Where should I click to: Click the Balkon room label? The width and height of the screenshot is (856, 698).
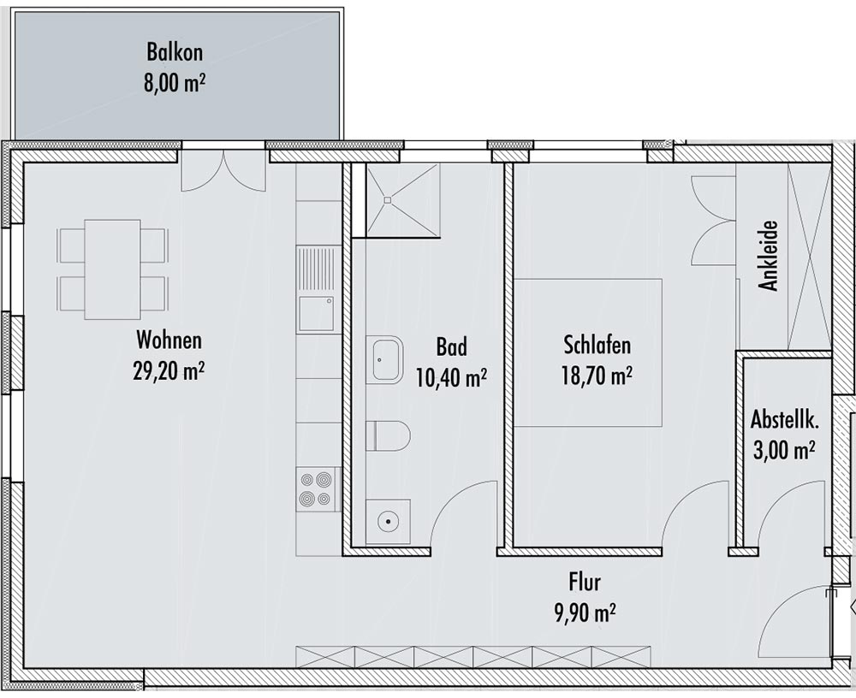[x=175, y=52]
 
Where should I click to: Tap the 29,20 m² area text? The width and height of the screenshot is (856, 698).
[x=169, y=372]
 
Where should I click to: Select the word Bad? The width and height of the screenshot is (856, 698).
[x=451, y=347]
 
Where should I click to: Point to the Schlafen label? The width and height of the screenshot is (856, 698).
[x=597, y=346]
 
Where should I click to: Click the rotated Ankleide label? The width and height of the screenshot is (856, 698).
[x=769, y=256]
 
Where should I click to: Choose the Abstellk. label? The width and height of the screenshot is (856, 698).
[x=784, y=420]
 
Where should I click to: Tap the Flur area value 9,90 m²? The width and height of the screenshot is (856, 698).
[x=586, y=612]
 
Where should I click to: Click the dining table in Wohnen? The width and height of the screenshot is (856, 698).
[x=112, y=269]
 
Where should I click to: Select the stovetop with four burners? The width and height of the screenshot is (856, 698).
[x=316, y=489]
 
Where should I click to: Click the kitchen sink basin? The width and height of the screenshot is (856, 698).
[x=316, y=314]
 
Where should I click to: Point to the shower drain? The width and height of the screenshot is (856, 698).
[x=388, y=200]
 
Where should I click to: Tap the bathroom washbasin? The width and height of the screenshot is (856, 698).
[x=388, y=359]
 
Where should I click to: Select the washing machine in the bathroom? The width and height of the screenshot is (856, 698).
[x=388, y=522]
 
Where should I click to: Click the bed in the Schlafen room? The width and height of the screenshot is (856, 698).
[x=589, y=352]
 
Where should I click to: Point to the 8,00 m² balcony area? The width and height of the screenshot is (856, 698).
[x=175, y=86]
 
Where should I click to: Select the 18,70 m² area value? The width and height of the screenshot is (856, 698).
[x=597, y=376]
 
